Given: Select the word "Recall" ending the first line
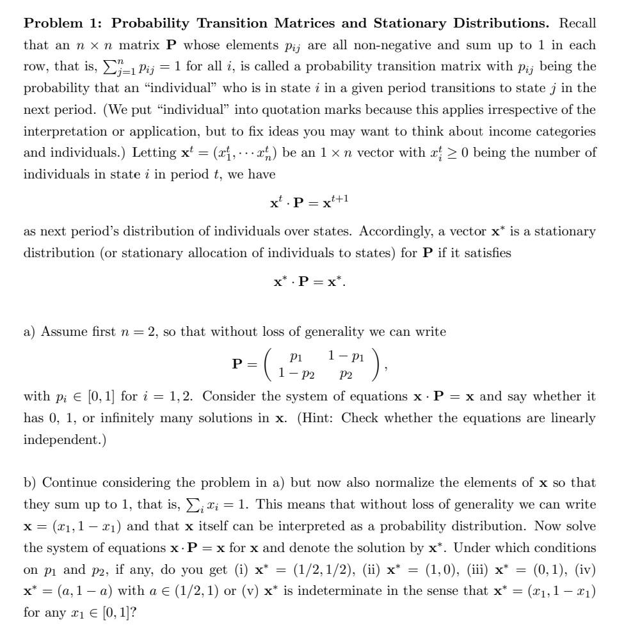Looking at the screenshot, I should tap(577, 24).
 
